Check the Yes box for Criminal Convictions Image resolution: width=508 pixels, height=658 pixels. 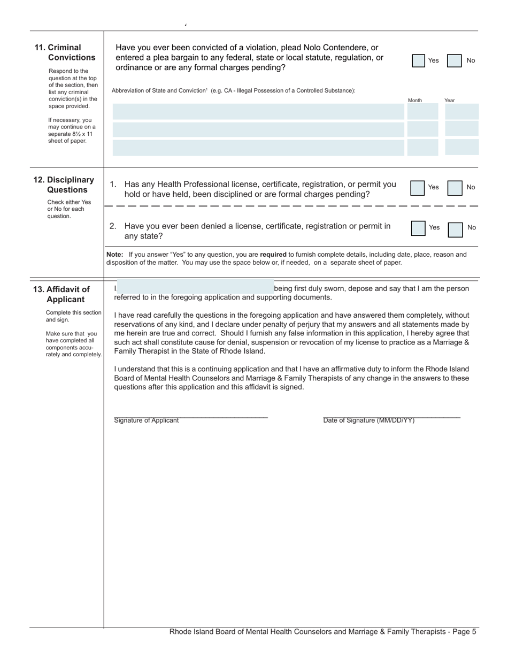[418, 60]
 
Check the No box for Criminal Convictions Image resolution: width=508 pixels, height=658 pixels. [454, 60]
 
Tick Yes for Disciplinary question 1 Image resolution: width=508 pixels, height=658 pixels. [418, 188]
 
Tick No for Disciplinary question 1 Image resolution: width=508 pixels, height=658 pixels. [455, 188]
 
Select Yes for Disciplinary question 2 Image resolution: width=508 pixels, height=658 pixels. [418, 228]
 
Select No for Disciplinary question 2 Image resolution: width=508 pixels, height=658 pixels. [455, 229]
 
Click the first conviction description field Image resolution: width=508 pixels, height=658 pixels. [258, 112]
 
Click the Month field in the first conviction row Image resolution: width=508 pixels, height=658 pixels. [422, 112]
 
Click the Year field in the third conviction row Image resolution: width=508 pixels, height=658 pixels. [461, 147]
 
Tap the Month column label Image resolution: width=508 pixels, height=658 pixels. [415, 101]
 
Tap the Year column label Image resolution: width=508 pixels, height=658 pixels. [450, 101]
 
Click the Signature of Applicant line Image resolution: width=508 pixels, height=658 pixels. [190, 415]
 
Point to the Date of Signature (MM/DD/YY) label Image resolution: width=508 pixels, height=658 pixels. [368, 420]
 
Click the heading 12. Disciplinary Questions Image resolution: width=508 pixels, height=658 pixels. [64, 185]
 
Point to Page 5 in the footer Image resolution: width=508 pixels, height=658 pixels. [464, 632]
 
